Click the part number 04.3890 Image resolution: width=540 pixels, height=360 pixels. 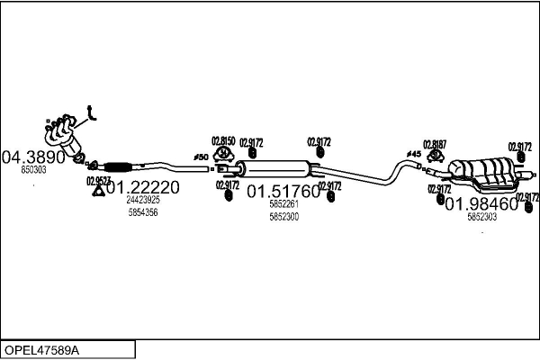click(x=35, y=156)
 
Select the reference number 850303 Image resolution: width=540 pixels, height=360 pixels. click(x=34, y=169)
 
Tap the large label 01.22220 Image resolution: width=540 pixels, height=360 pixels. click(x=143, y=187)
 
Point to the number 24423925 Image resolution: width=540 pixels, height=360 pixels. click(x=143, y=200)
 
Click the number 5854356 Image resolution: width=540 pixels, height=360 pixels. click(x=143, y=212)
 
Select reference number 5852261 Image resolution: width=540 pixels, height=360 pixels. click(x=283, y=204)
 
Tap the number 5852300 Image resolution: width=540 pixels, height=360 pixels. click(x=283, y=217)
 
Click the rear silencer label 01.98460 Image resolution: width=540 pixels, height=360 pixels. click(x=481, y=203)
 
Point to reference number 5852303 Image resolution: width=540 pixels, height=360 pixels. click(x=481, y=217)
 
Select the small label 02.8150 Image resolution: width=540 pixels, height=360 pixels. click(x=223, y=140)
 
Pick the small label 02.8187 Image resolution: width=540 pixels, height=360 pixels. click(x=435, y=144)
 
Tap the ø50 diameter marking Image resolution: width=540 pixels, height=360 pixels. click(x=201, y=157)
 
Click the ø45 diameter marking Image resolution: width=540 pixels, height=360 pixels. click(x=414, y=154)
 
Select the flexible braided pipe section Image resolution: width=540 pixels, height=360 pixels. click(x=119, y=166)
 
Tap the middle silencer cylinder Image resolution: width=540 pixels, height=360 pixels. click(x=279, y=168)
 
